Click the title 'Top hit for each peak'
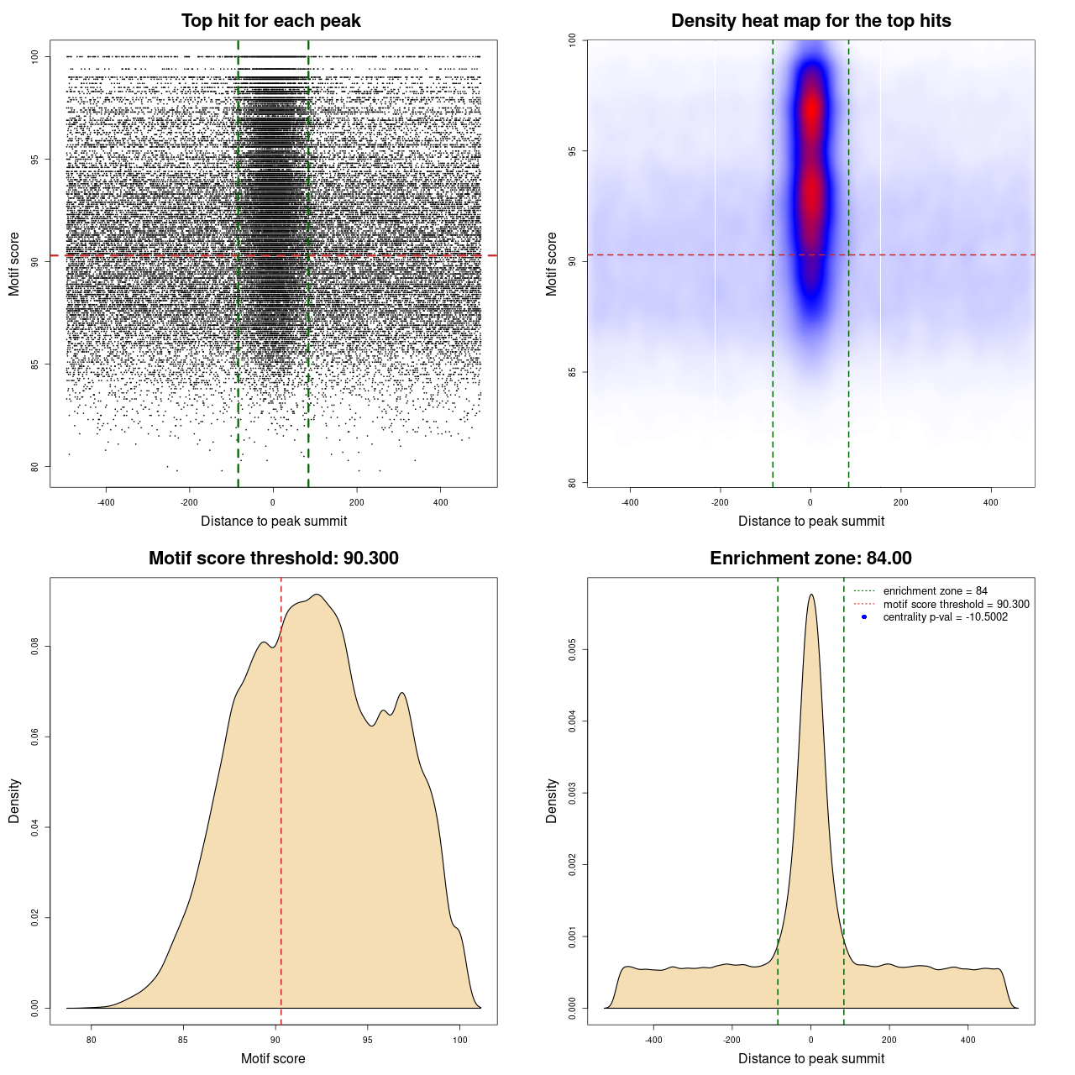(270, 21)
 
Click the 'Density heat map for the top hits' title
(810, 21)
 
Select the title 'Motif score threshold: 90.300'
(273, 558)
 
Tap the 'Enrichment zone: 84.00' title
(810, 558)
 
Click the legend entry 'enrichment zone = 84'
(935, 591)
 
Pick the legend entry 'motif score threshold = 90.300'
(956, 604)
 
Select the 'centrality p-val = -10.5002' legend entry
(945, 617)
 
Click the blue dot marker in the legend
(864, 617)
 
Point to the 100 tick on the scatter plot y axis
(35, 56)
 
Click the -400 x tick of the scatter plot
(106, 502)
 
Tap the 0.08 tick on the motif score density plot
(35, 647)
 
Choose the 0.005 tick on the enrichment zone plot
(573, 649)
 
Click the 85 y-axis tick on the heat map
(573, 372)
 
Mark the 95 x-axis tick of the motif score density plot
(367, 1040)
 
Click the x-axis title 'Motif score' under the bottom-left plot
(273, 1058)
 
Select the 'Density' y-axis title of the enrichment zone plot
(552, 800)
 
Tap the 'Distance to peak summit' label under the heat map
(810, 521)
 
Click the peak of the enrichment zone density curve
(810, 595)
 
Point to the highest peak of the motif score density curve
(317, 595)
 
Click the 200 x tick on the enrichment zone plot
(889, 1040)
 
